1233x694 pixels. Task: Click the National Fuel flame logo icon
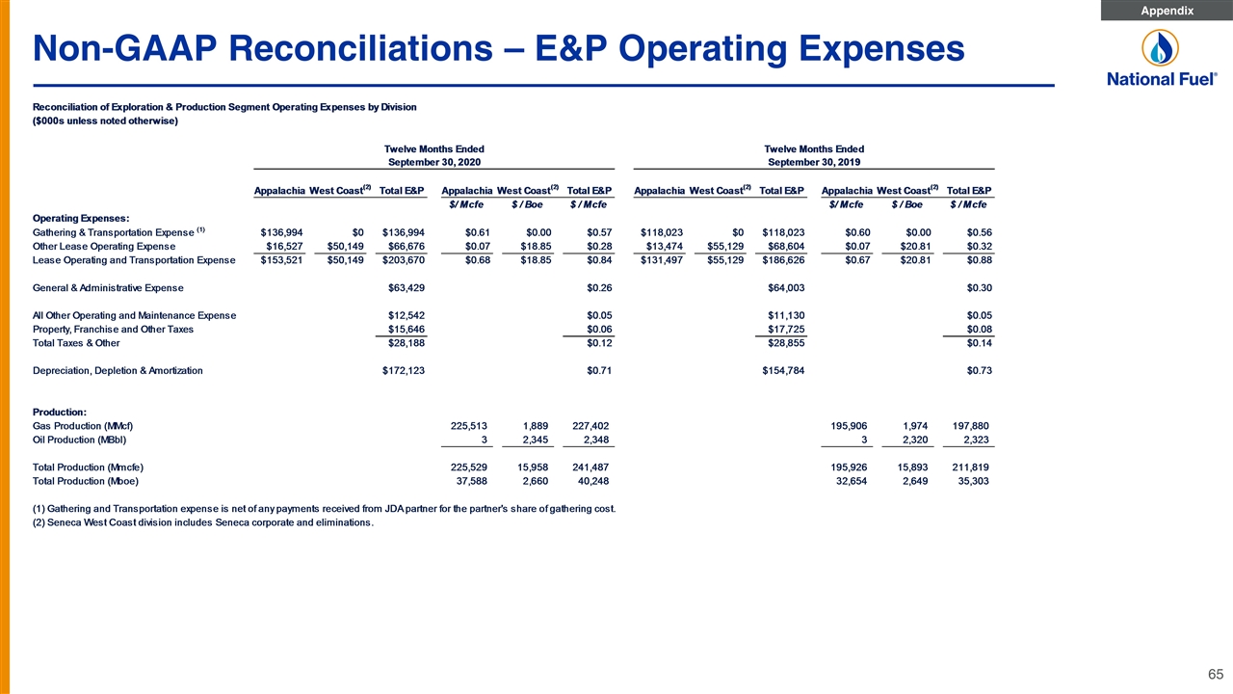point(1160,48)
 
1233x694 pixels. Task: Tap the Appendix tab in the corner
point(1167,11)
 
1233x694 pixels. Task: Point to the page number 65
point(1216,674)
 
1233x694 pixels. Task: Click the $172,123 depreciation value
point(404,371)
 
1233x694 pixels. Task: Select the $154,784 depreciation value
point(783,371)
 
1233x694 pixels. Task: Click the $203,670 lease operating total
point(404,260)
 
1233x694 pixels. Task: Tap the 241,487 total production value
point(590,467)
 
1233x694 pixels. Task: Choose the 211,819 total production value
point(970,467)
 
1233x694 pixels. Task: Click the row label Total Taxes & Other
point(76,343)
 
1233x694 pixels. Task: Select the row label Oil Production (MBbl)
point(79,440)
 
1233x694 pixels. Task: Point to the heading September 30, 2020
point(434,162)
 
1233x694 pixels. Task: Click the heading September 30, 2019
point(814,162)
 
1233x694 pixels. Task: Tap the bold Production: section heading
point(60,412)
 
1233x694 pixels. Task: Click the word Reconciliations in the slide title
point(360,48)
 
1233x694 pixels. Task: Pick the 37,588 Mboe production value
point(469,481)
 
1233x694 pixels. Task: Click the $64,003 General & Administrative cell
point(787,288)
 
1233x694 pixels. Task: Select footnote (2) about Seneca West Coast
point(203,522)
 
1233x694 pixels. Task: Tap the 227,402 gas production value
point(590,426)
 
